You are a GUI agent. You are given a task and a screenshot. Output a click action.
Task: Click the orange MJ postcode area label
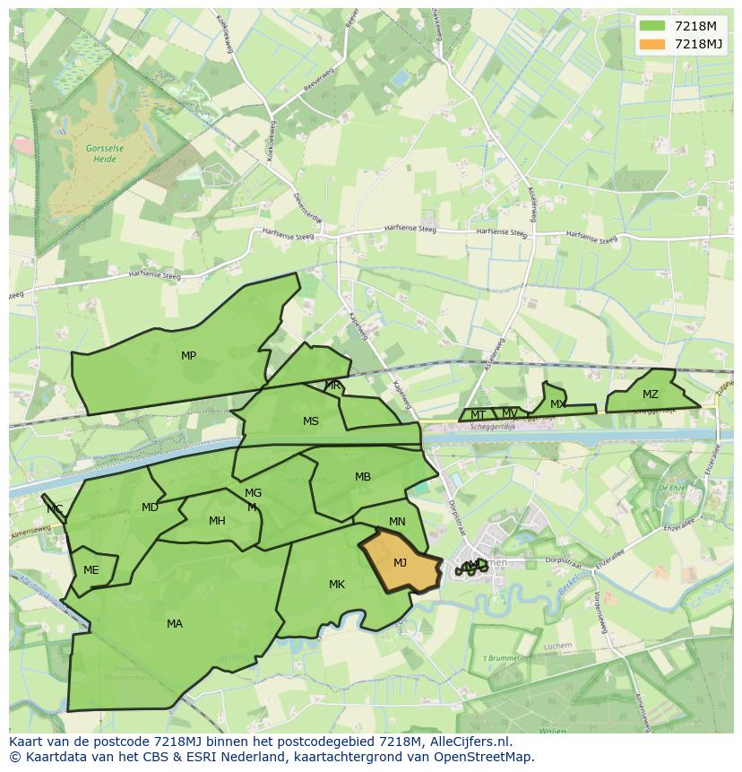(400, 563)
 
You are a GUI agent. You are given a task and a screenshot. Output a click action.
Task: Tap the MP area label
(188, 356)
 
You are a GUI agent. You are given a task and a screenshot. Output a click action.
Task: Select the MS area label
(310, 421)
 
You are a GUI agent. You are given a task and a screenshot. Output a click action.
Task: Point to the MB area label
(363, 477)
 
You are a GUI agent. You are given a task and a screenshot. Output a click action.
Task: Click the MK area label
(336, 585)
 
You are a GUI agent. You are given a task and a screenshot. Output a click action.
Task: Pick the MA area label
(175, 624)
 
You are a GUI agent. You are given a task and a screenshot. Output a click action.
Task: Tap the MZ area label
(650, 395)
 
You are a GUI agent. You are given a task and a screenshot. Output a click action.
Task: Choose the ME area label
(91, 570)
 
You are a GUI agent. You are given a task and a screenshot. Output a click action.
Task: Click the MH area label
(217, 521)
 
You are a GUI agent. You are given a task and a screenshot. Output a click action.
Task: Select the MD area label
(150, 507)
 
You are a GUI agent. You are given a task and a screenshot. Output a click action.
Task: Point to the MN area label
(397, 522)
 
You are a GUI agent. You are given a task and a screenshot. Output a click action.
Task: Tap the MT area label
(479, 415)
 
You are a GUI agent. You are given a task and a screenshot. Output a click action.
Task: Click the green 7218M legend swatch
(652, 26)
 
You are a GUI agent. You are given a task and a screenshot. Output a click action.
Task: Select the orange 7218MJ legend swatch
(652, 44)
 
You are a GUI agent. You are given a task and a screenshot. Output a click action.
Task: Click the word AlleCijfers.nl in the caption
(468, 742)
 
